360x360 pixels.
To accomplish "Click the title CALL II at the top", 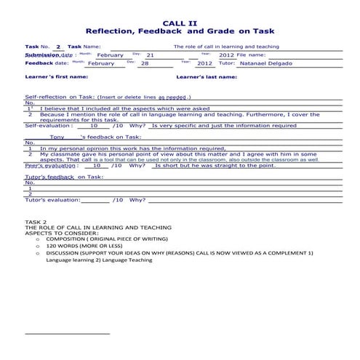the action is click(x=180, y=23).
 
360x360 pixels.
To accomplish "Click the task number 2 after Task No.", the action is click(x=58, y=47).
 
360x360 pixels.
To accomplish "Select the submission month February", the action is click(x=111, y=55).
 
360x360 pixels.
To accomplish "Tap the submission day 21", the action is click(x=150, y=55).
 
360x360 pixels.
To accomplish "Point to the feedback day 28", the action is click(x=145, y=63).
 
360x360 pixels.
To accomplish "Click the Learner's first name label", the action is click(x=57, y=76).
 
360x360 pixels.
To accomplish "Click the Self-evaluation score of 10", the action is click(x=95, y=125).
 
